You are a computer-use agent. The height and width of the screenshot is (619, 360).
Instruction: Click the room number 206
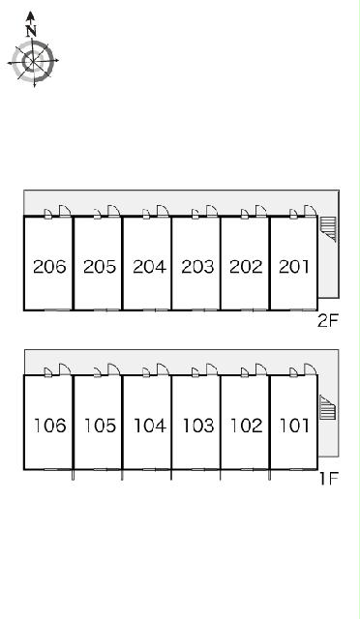coord(49,267)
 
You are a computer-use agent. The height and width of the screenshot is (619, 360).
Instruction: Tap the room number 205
coord(100,267)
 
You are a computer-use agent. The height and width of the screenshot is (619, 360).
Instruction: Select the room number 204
coord(149,267)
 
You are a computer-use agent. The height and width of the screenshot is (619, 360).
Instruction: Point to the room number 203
coord(197,267)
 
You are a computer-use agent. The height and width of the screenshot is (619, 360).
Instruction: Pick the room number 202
coord(246,267)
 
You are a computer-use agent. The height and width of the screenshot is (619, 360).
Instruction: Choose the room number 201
coord(294,267)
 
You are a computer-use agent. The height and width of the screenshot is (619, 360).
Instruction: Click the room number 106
coord(49,426)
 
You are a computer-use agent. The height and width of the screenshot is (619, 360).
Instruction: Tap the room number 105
coord(100,426)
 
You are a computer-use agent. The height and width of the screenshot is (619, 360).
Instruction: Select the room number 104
coord(150,426)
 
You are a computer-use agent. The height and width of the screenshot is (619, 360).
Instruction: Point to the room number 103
coord(198,426)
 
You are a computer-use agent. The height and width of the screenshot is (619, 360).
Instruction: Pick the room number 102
coord(246,426)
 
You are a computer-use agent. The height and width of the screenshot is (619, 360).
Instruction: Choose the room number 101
coord(294,426)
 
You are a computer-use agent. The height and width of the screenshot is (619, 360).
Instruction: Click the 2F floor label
coord(329,321)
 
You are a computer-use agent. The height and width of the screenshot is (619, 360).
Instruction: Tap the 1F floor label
coord(329,479)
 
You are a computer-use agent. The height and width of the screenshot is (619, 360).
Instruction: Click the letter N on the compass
coord(31,31)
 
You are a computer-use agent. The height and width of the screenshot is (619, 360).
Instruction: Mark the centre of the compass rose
coord(33,61)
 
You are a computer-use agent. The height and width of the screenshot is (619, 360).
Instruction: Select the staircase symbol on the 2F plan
coord(328,229)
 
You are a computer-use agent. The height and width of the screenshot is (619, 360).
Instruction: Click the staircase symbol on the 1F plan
coord(328,407)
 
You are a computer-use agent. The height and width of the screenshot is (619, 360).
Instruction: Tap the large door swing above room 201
coord(311,211)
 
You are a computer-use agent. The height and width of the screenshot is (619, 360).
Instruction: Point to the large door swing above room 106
coord(65,369)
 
